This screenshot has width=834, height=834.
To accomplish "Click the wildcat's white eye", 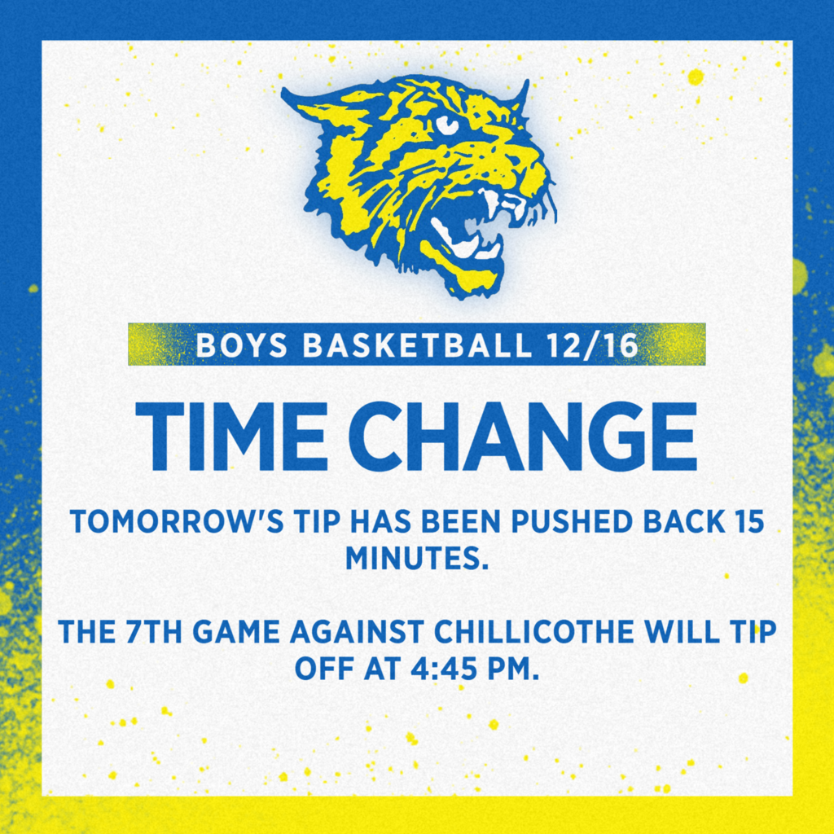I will click(x=446, y=125).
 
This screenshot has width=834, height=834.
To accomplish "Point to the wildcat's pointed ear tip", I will click(x=288, y=93).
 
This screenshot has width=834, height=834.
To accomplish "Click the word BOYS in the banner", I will click(x=242, y=345).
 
